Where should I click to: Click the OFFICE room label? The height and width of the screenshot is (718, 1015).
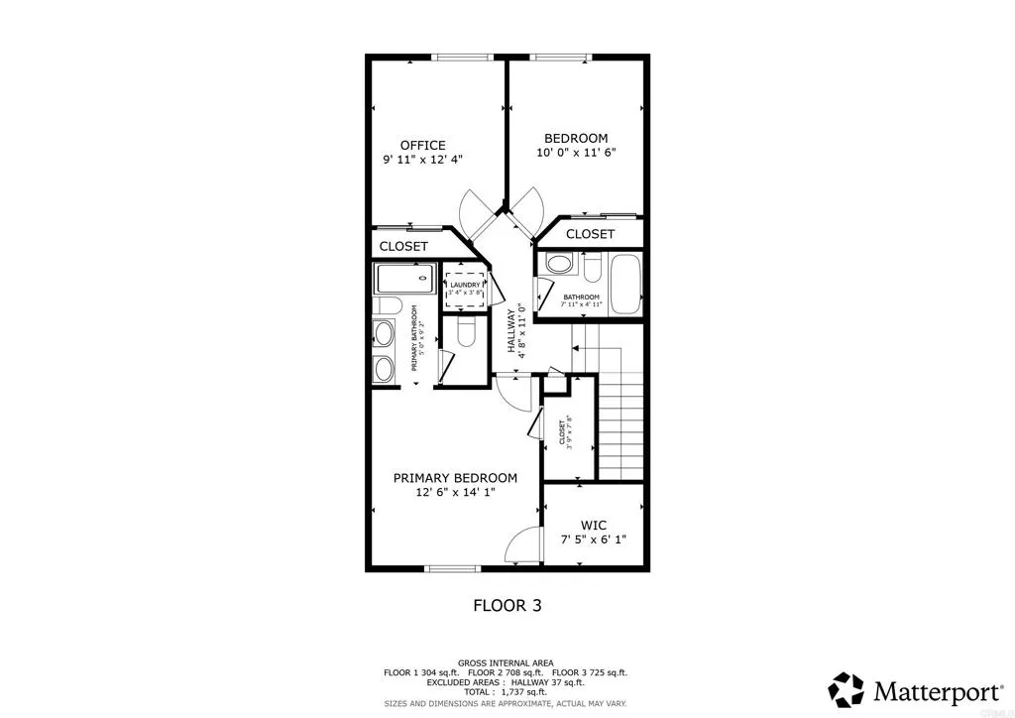(x=422, y=145)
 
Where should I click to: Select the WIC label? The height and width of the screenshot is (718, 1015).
(x=594, y=525)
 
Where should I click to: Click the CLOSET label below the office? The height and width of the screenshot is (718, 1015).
(x=403, y=246)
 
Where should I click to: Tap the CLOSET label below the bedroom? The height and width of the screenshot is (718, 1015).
(x=590, y=234)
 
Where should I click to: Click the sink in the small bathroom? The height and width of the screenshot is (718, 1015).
(x=559, y=266)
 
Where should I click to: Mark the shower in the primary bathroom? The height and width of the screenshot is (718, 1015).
(x=405, y=279)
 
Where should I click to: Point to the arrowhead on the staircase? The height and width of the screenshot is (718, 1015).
(x=575, y=348)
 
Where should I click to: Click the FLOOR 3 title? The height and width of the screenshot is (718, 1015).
(x=506, y=605)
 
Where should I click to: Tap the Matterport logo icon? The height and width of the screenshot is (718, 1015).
(x=846, y=687)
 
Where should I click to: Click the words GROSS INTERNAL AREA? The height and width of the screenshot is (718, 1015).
(x=506, y=662)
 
